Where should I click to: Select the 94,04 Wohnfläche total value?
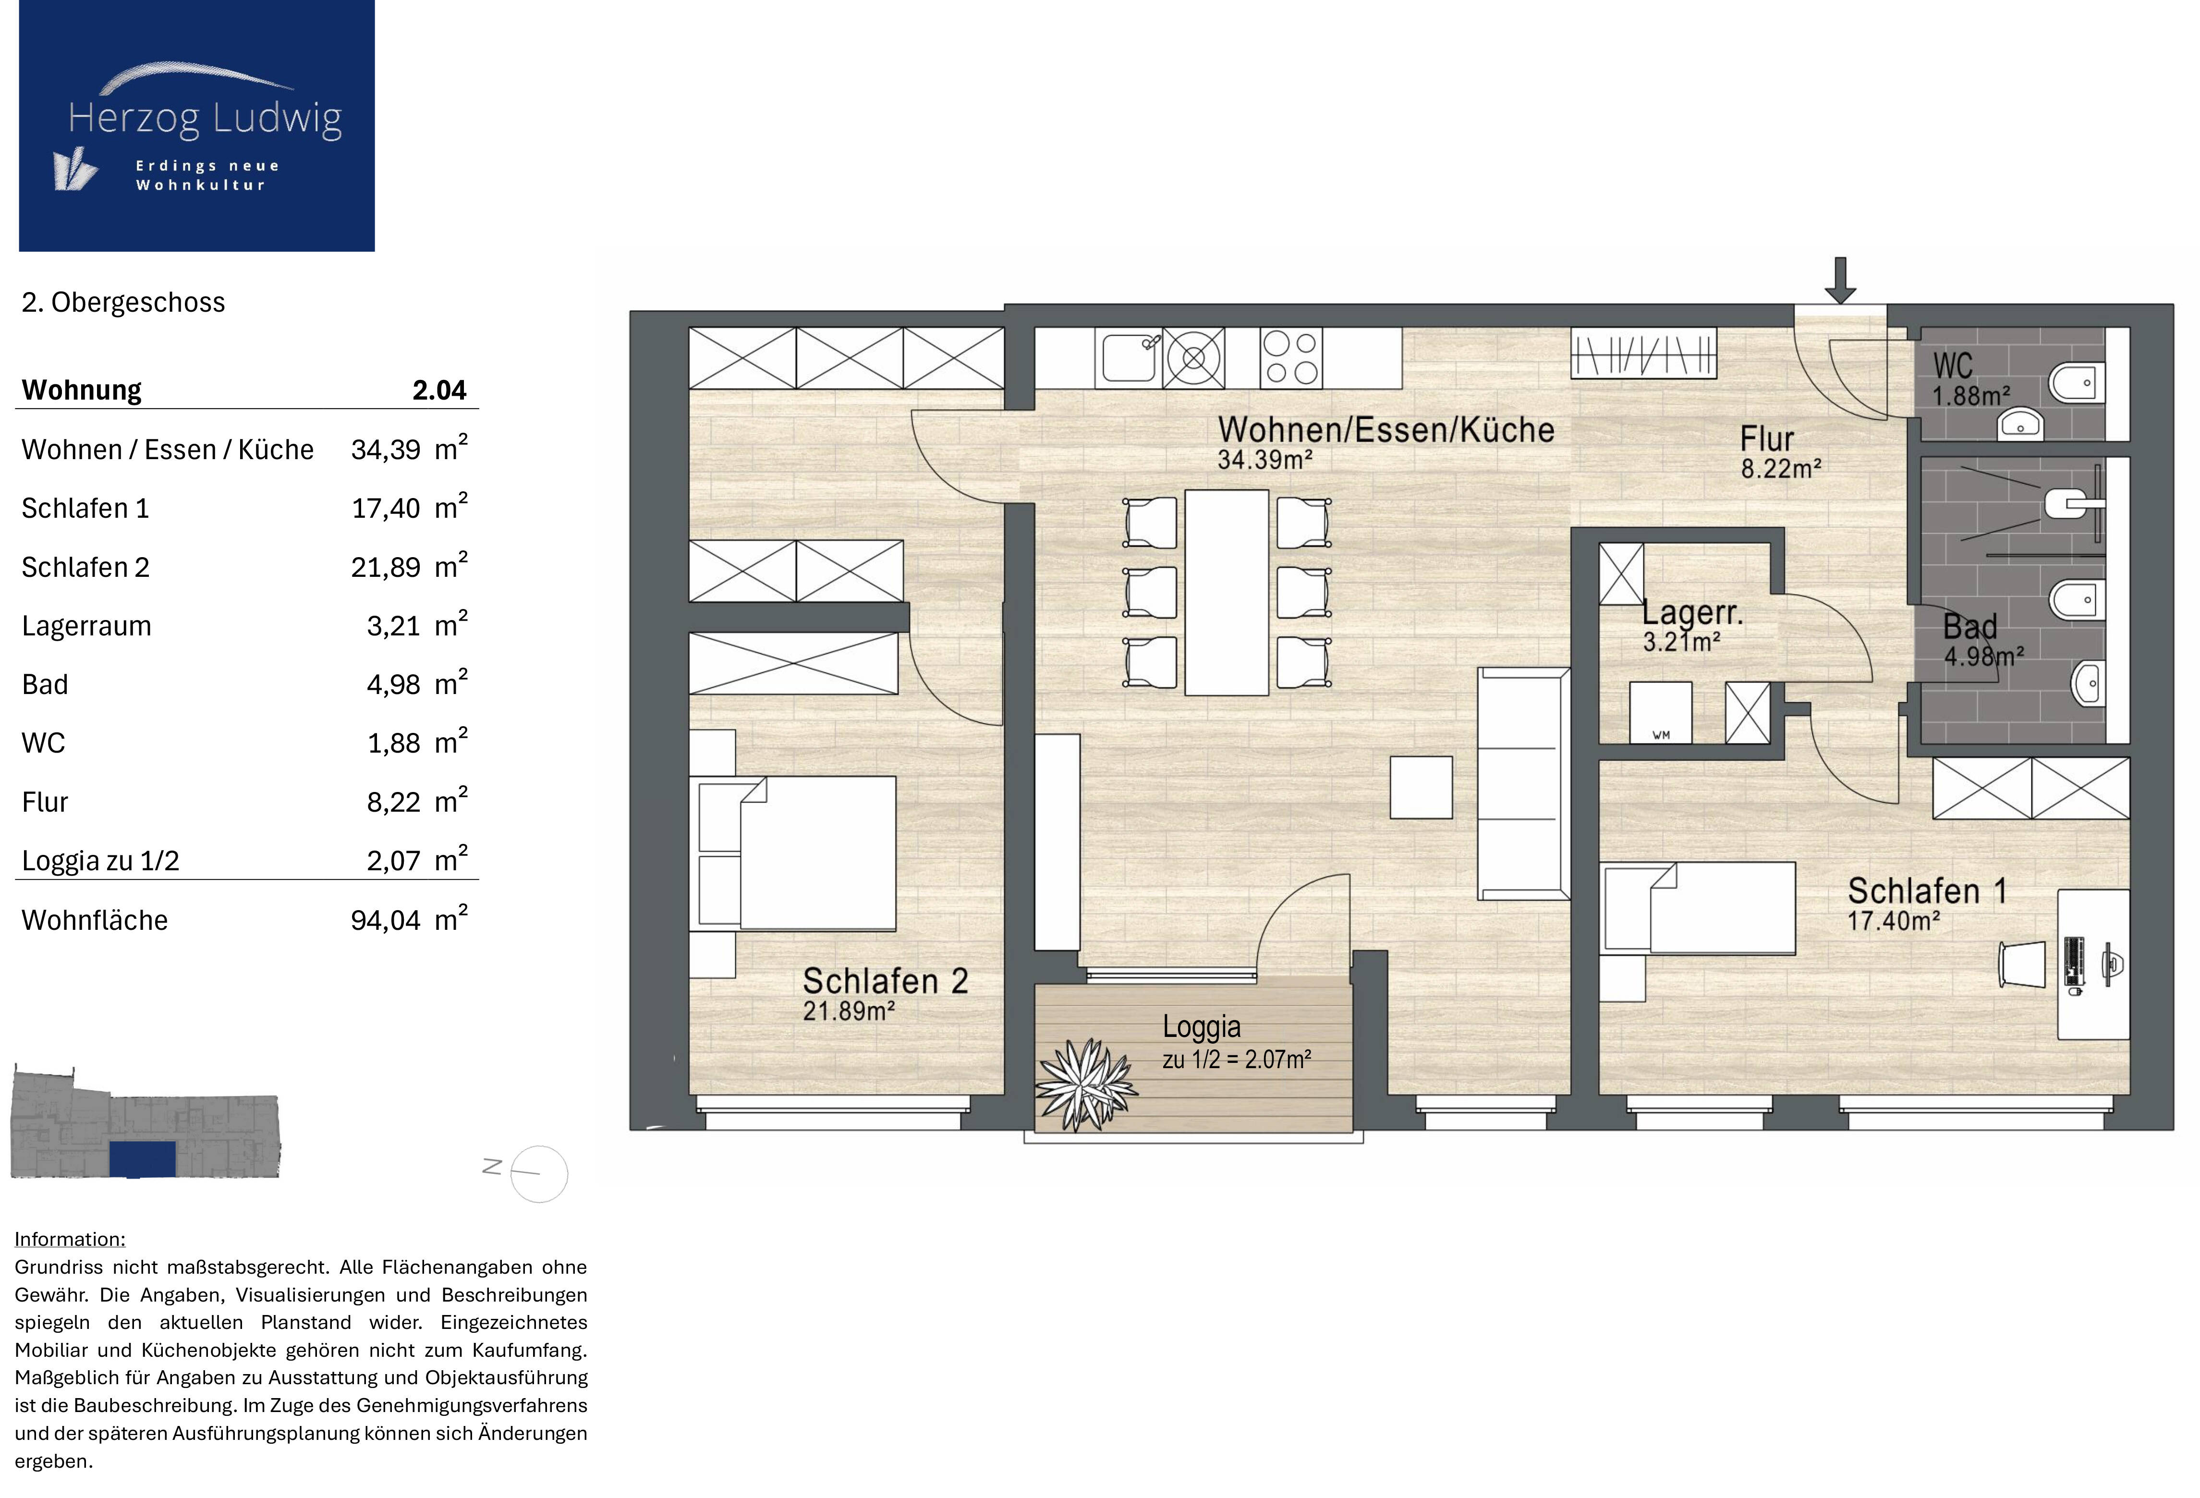tap(385, 920)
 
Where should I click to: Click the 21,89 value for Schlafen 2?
tap(385, 567)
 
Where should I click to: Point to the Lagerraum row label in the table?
tap(86, 626)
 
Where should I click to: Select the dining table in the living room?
tap(1227, 592)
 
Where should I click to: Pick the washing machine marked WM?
tap(1660, 712)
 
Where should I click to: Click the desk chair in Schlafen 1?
tap(2020, 964)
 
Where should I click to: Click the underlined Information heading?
tap(70, 1240)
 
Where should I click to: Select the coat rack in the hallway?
tap(1643, 352)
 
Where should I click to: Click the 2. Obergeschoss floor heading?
tap(123, 302)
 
